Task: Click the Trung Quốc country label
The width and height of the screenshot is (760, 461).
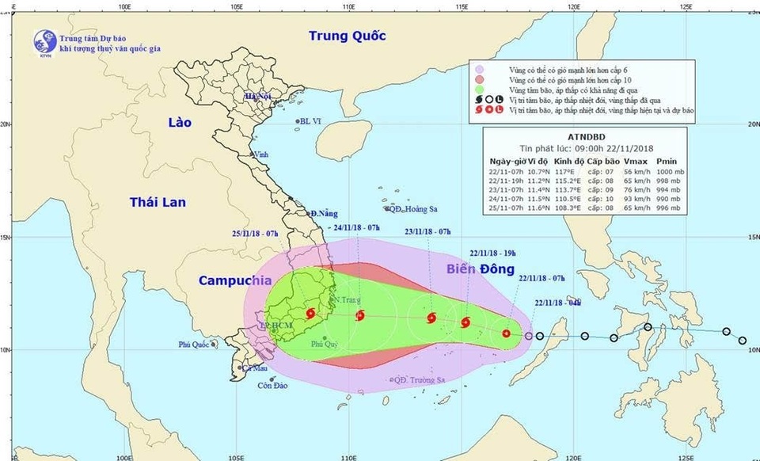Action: pyautogui.click(x=347, y=36)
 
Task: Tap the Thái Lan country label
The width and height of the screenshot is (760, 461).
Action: pyautogui.click(x=158, y=203)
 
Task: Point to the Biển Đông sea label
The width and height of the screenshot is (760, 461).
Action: pyautogui.click(x=478, y=271)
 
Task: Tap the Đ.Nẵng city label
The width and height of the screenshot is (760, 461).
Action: pyautogui.click(x=324, y=213)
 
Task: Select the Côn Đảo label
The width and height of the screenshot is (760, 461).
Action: pyautogui.click(x=271, y=386)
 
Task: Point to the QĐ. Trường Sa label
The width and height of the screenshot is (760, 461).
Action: pyautogui.click(x=420, y=381)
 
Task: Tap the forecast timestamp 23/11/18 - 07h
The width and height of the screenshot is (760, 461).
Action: pyautogui.click(x=428, y=232)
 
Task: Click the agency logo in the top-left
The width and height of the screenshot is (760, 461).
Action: pyautogui.click(x=45, y=42)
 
